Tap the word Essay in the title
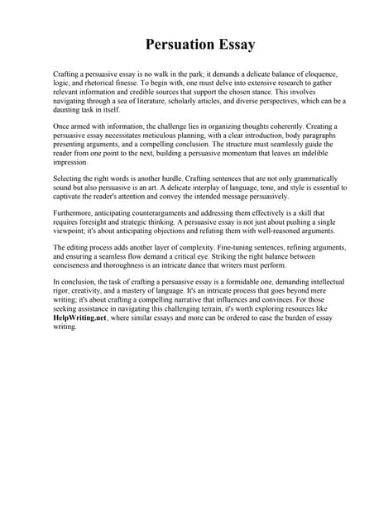pyautogui.click(x=234, y=45)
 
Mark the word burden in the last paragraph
pyautogui.click(x=295, y=319)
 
